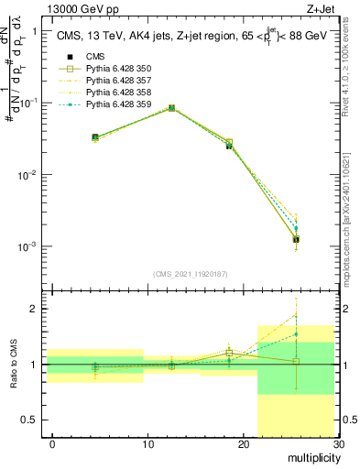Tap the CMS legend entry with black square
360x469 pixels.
[84, 57]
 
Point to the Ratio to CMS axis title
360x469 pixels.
[14, 364]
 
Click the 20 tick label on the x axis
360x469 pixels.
[244, 444]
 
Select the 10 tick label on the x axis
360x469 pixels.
[148, 444]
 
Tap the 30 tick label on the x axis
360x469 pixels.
[338, 444]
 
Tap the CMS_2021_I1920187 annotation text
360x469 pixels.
[191, 274]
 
